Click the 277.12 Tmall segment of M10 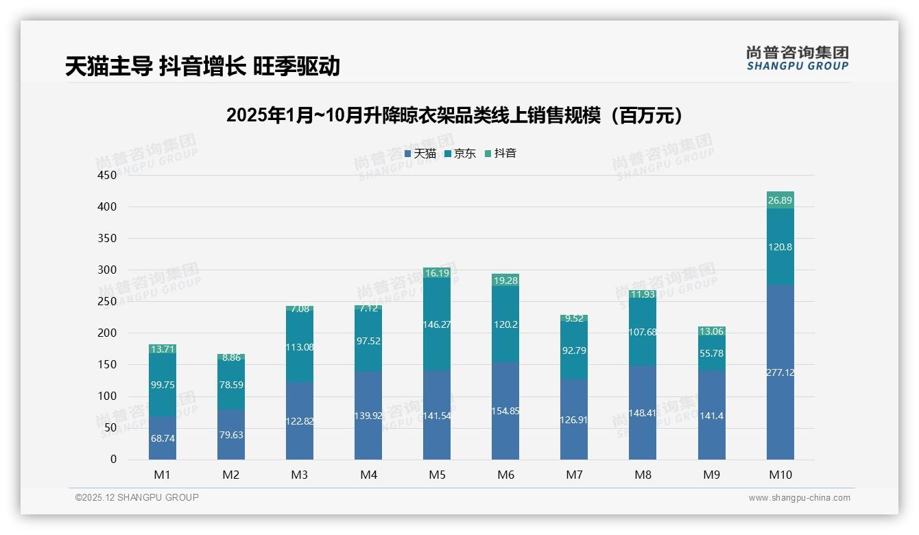coord(780,372)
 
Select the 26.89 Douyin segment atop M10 coord(780,200)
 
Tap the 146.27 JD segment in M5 coord(437,324)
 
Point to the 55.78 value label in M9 coord(711,354)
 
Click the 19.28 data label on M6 coord(505,281)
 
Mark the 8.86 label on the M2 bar coord(231,357)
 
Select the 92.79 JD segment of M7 coord(574,350)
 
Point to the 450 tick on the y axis coord(108,175)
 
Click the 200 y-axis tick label coord(108,333)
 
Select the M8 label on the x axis coord(643,475)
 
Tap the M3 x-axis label coord(300,475)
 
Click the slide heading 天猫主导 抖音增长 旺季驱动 coord(202,66)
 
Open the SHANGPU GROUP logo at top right coord(797,58)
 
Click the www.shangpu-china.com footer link coord(799,498)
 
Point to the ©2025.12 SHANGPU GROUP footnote coord(137,497)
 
